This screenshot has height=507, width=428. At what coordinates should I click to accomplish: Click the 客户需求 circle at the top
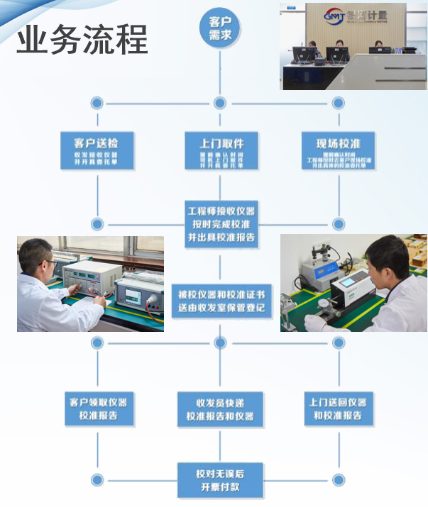219,29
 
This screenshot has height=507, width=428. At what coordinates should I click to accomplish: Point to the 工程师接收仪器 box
220,223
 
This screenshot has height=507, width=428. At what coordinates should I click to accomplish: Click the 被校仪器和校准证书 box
219,300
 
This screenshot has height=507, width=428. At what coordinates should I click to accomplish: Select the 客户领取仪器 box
98,408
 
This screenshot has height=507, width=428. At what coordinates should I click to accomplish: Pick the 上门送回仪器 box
338,408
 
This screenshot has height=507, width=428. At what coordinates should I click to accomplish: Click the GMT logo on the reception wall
333,15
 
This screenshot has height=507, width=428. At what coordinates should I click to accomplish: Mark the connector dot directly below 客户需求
219,103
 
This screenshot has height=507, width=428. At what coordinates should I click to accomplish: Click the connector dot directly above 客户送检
97,103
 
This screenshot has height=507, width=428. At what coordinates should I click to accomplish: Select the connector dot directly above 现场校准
338,103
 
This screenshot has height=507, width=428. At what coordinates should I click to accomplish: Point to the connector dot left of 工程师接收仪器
97,223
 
